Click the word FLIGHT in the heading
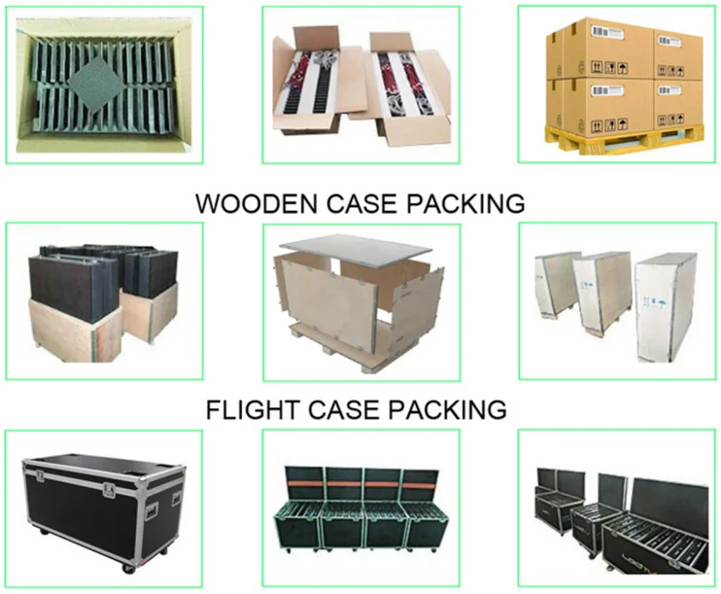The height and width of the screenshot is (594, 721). pos(248,410)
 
